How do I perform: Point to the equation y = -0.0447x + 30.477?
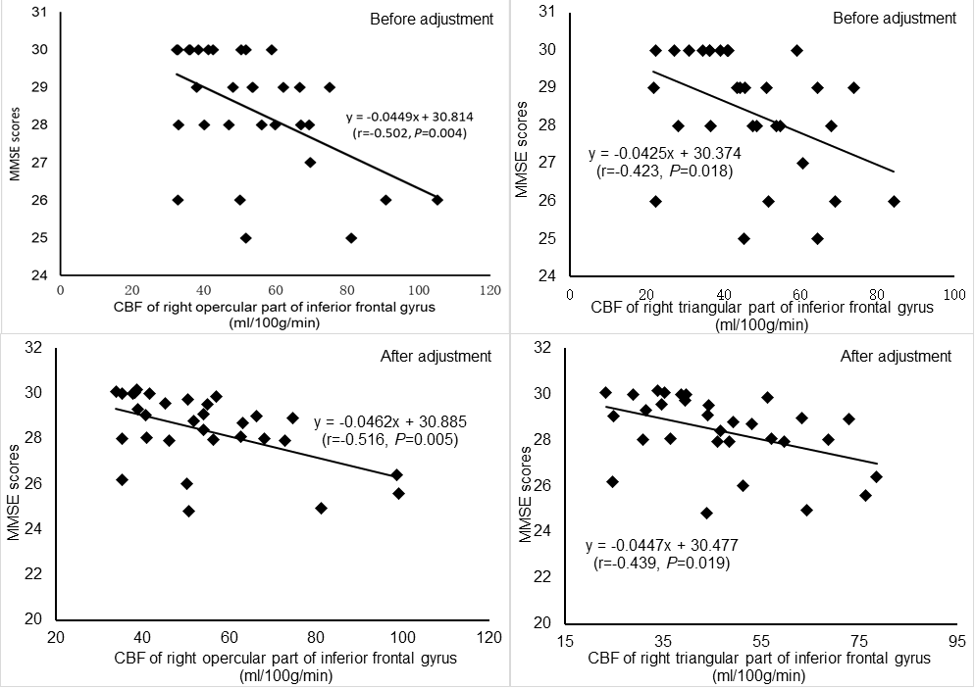click(x=655, y=545)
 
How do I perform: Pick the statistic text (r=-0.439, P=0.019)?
click(x=655, y=564)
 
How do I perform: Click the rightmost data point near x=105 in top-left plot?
click(x=437, y=200)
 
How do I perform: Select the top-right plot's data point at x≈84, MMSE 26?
click(x=894, y=201)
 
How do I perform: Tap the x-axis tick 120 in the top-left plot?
click(x=490, y=290)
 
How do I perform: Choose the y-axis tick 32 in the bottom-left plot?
click(x=34, y=347)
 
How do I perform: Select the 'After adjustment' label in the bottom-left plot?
click(x=435, y=356)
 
